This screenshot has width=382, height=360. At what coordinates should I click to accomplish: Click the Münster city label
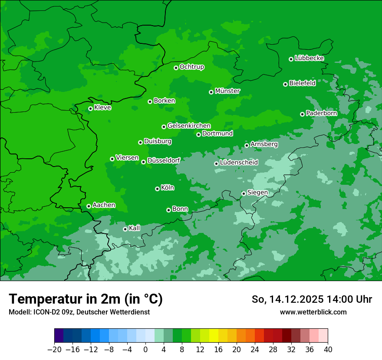[x=227, y=91]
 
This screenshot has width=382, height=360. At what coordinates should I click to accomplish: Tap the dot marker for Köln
[x=157, y=189]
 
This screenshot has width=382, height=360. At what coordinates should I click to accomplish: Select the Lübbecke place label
[x=309, y=58]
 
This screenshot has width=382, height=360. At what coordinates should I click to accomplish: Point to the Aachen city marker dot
[x=89, y=206]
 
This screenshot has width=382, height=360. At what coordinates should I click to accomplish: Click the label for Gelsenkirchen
[x=189, y=126]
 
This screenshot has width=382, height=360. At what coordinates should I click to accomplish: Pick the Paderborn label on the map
[x=321, y=113]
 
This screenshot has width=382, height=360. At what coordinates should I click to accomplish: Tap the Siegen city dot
[x=244, y=193]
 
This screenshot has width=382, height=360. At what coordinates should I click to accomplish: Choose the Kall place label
[x=135, y=228]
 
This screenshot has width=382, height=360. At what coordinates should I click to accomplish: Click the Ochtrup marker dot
[x=176, y=68]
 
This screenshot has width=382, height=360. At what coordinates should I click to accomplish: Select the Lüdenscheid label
[x=239, y=163]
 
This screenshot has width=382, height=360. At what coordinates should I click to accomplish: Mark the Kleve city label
[x=102, y=108]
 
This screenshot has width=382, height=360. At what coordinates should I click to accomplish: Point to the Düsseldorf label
[x=164, y=160]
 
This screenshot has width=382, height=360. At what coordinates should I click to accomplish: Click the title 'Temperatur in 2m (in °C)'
[x=86, y=299]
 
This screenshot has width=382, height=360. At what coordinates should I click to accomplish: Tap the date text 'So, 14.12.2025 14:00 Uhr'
[x=312, y=299]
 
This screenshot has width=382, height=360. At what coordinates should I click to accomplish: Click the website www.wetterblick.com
[x=313, y=312]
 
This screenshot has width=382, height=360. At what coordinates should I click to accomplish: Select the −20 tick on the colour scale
[x=54, y=350]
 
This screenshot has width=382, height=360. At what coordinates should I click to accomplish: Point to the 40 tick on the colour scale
[x=328, y=350]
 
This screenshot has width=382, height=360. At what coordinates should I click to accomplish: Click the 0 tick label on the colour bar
[x=145, y=350]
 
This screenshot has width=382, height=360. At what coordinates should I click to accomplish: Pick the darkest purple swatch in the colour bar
[x=59, y=335]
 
